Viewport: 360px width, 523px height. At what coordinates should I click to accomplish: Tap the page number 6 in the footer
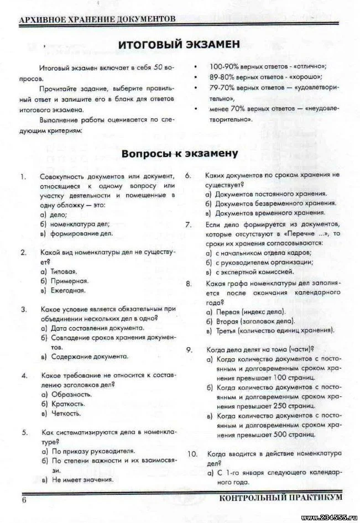pos(24,500)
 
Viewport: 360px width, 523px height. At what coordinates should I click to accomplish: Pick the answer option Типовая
pos(63,272)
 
